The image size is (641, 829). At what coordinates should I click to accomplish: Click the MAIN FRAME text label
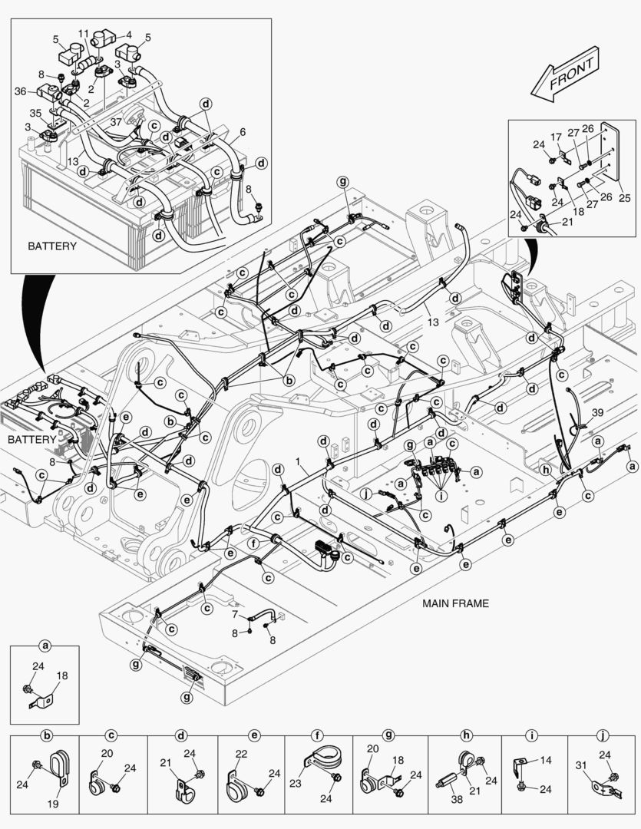coord(455,603)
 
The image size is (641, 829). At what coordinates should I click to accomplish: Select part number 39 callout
coord(597,413)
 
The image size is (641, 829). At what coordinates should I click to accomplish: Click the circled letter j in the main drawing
coord(367,494)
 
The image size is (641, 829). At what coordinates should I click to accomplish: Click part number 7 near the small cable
coord(235,616)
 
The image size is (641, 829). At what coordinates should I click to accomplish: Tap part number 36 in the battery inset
coord(21,91)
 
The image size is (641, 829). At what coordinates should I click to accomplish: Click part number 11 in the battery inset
coord(84,33)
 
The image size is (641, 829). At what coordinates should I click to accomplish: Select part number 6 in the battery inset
coord(243,132)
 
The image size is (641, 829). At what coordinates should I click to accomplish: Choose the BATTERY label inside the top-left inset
coord(52,246)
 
